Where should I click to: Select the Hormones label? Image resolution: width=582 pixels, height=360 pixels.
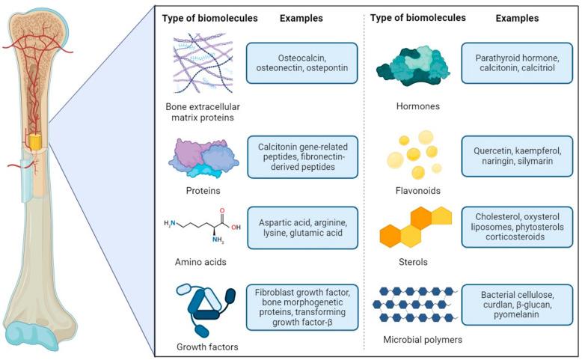419,106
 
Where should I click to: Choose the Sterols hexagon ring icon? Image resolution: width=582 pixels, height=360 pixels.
417,227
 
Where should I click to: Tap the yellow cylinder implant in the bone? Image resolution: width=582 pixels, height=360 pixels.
34,141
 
